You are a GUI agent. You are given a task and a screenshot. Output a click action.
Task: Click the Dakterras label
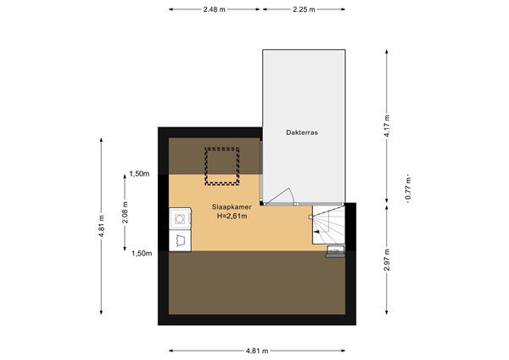[x=301, y=132]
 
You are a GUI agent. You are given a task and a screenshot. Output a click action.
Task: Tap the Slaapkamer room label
[x=232, y=207]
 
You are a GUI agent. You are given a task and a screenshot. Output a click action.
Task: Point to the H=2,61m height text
[x=232, y=216]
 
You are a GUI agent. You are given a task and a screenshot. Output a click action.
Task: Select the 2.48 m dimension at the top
[x=215, y=9]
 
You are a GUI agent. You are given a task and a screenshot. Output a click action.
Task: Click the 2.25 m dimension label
[x=304, y=9]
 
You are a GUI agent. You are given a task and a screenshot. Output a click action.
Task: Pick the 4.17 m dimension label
[x=387, y=126]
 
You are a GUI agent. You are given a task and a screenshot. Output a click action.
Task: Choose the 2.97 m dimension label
[x=387, y=260]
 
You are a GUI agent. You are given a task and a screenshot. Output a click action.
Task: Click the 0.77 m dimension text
[x=408, y=189]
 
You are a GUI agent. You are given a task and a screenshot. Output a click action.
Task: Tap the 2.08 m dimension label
[x=125, y=212]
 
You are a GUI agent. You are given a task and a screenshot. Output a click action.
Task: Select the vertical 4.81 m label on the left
[x=102, y=226]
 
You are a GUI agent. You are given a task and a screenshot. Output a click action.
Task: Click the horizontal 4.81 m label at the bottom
[x=257, y=351]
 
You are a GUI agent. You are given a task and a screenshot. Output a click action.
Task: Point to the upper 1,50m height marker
[x=140, y=174]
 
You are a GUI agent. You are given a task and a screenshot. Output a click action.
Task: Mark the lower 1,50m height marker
[x=142, y=253]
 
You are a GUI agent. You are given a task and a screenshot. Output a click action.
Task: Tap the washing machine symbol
[x=180, y=219]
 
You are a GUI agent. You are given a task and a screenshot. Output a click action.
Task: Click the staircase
[x=328, y=225]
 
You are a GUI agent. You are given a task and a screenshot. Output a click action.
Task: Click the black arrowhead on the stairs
[x=316, y=232]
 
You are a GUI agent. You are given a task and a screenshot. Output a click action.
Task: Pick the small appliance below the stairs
[x=335, y=252]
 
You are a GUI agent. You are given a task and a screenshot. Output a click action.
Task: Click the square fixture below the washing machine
[x=180, y=241]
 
